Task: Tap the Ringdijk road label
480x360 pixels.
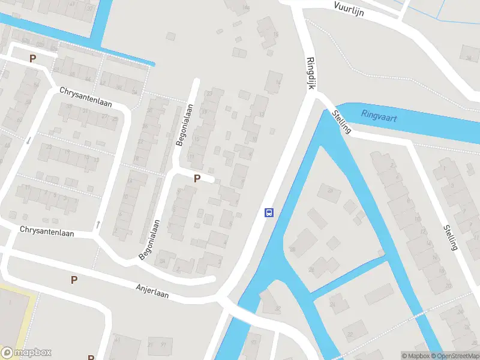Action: [x=311, y=74]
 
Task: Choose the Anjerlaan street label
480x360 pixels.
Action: [x=152, y=292]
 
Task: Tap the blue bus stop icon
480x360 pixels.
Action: [x=269, y=212]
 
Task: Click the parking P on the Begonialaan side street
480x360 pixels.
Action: [x=197, y=178]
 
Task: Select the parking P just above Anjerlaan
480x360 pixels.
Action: [x=74, y=280]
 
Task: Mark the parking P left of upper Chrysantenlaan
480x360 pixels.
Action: [x=32, y=59]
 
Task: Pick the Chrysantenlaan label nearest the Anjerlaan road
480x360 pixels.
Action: [x=47, y=231]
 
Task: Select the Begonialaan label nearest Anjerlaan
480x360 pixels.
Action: [x=150, y=239]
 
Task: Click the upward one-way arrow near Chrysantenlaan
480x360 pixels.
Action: [x=98, y=224]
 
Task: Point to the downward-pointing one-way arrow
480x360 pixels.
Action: [x=28, y=140]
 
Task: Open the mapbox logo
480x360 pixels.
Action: [x=26, y=352]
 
